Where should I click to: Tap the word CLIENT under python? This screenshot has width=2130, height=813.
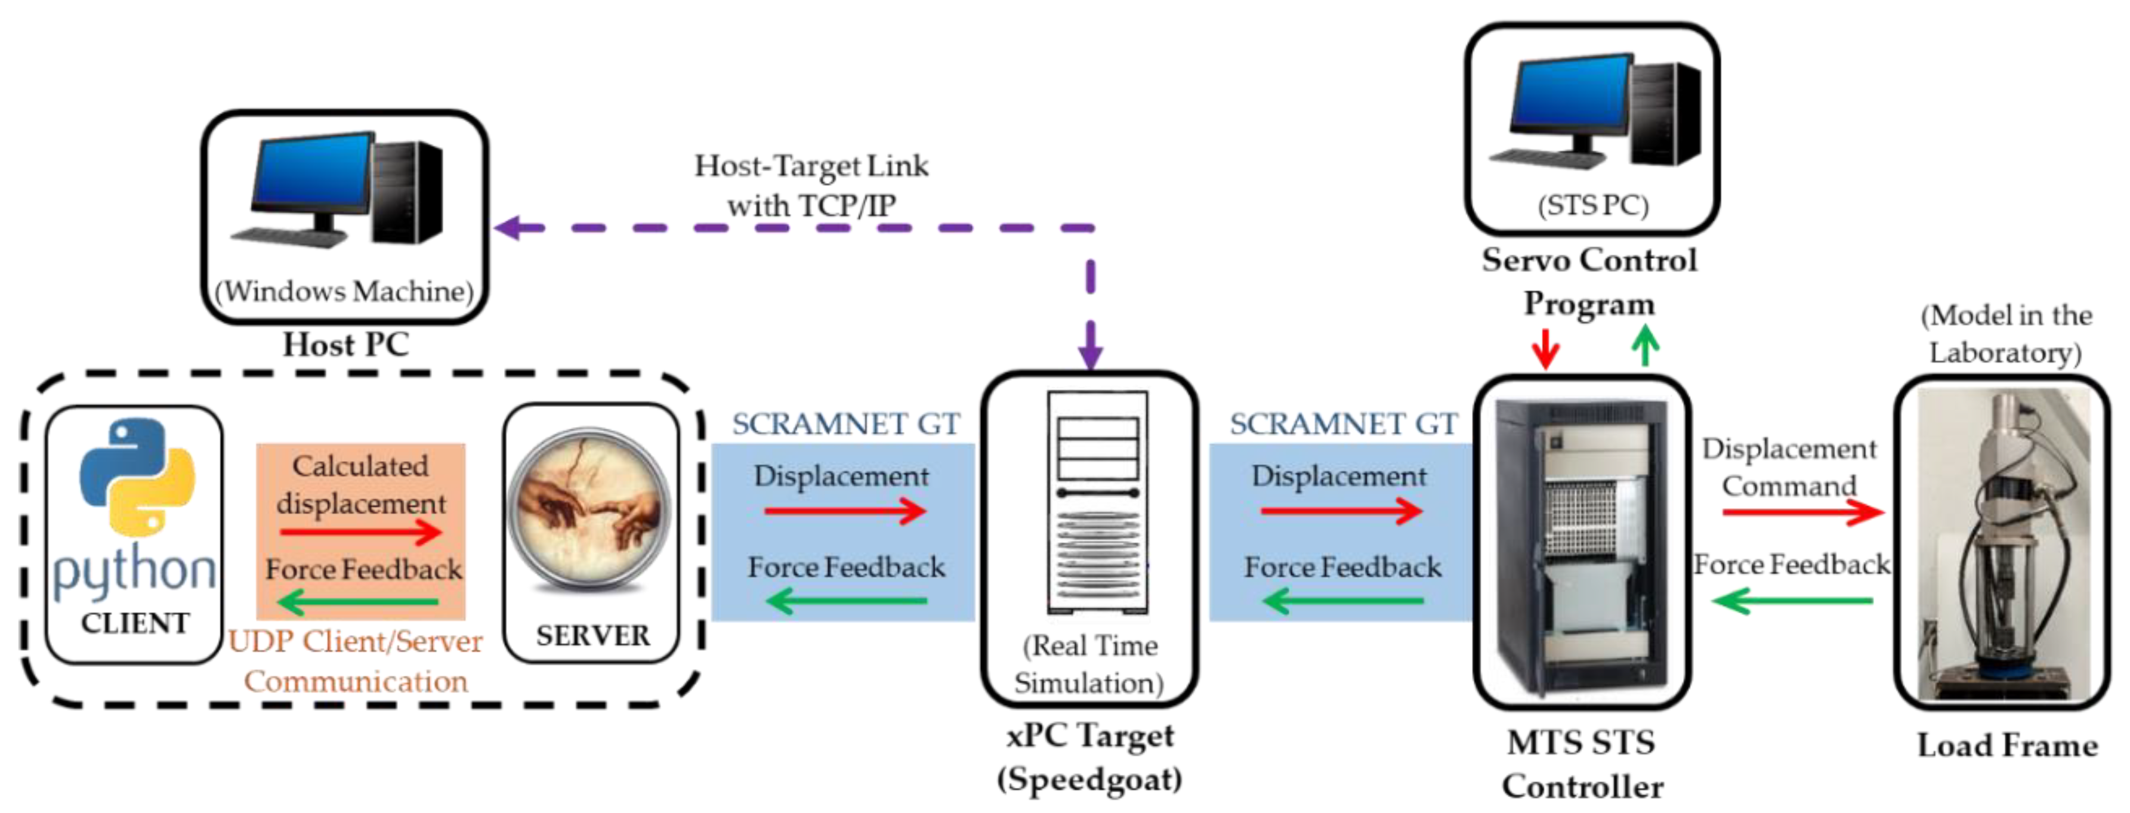[x=135, y=623]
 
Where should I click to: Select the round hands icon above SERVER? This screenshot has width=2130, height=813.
[x=589, y=511]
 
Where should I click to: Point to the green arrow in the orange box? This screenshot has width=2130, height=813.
[x=359, y=602]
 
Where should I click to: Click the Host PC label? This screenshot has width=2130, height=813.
[x=345, y=344]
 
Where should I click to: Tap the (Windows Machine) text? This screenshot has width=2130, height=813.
[x=344, y=291]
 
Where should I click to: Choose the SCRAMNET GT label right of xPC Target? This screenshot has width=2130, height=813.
[x=1343, y=423]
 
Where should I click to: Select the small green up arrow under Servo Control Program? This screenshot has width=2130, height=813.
[x=1646, y=345]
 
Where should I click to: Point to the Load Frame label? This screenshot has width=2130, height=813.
[x=2007, y=745]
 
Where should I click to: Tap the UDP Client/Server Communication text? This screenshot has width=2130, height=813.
[x=356, y=661]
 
